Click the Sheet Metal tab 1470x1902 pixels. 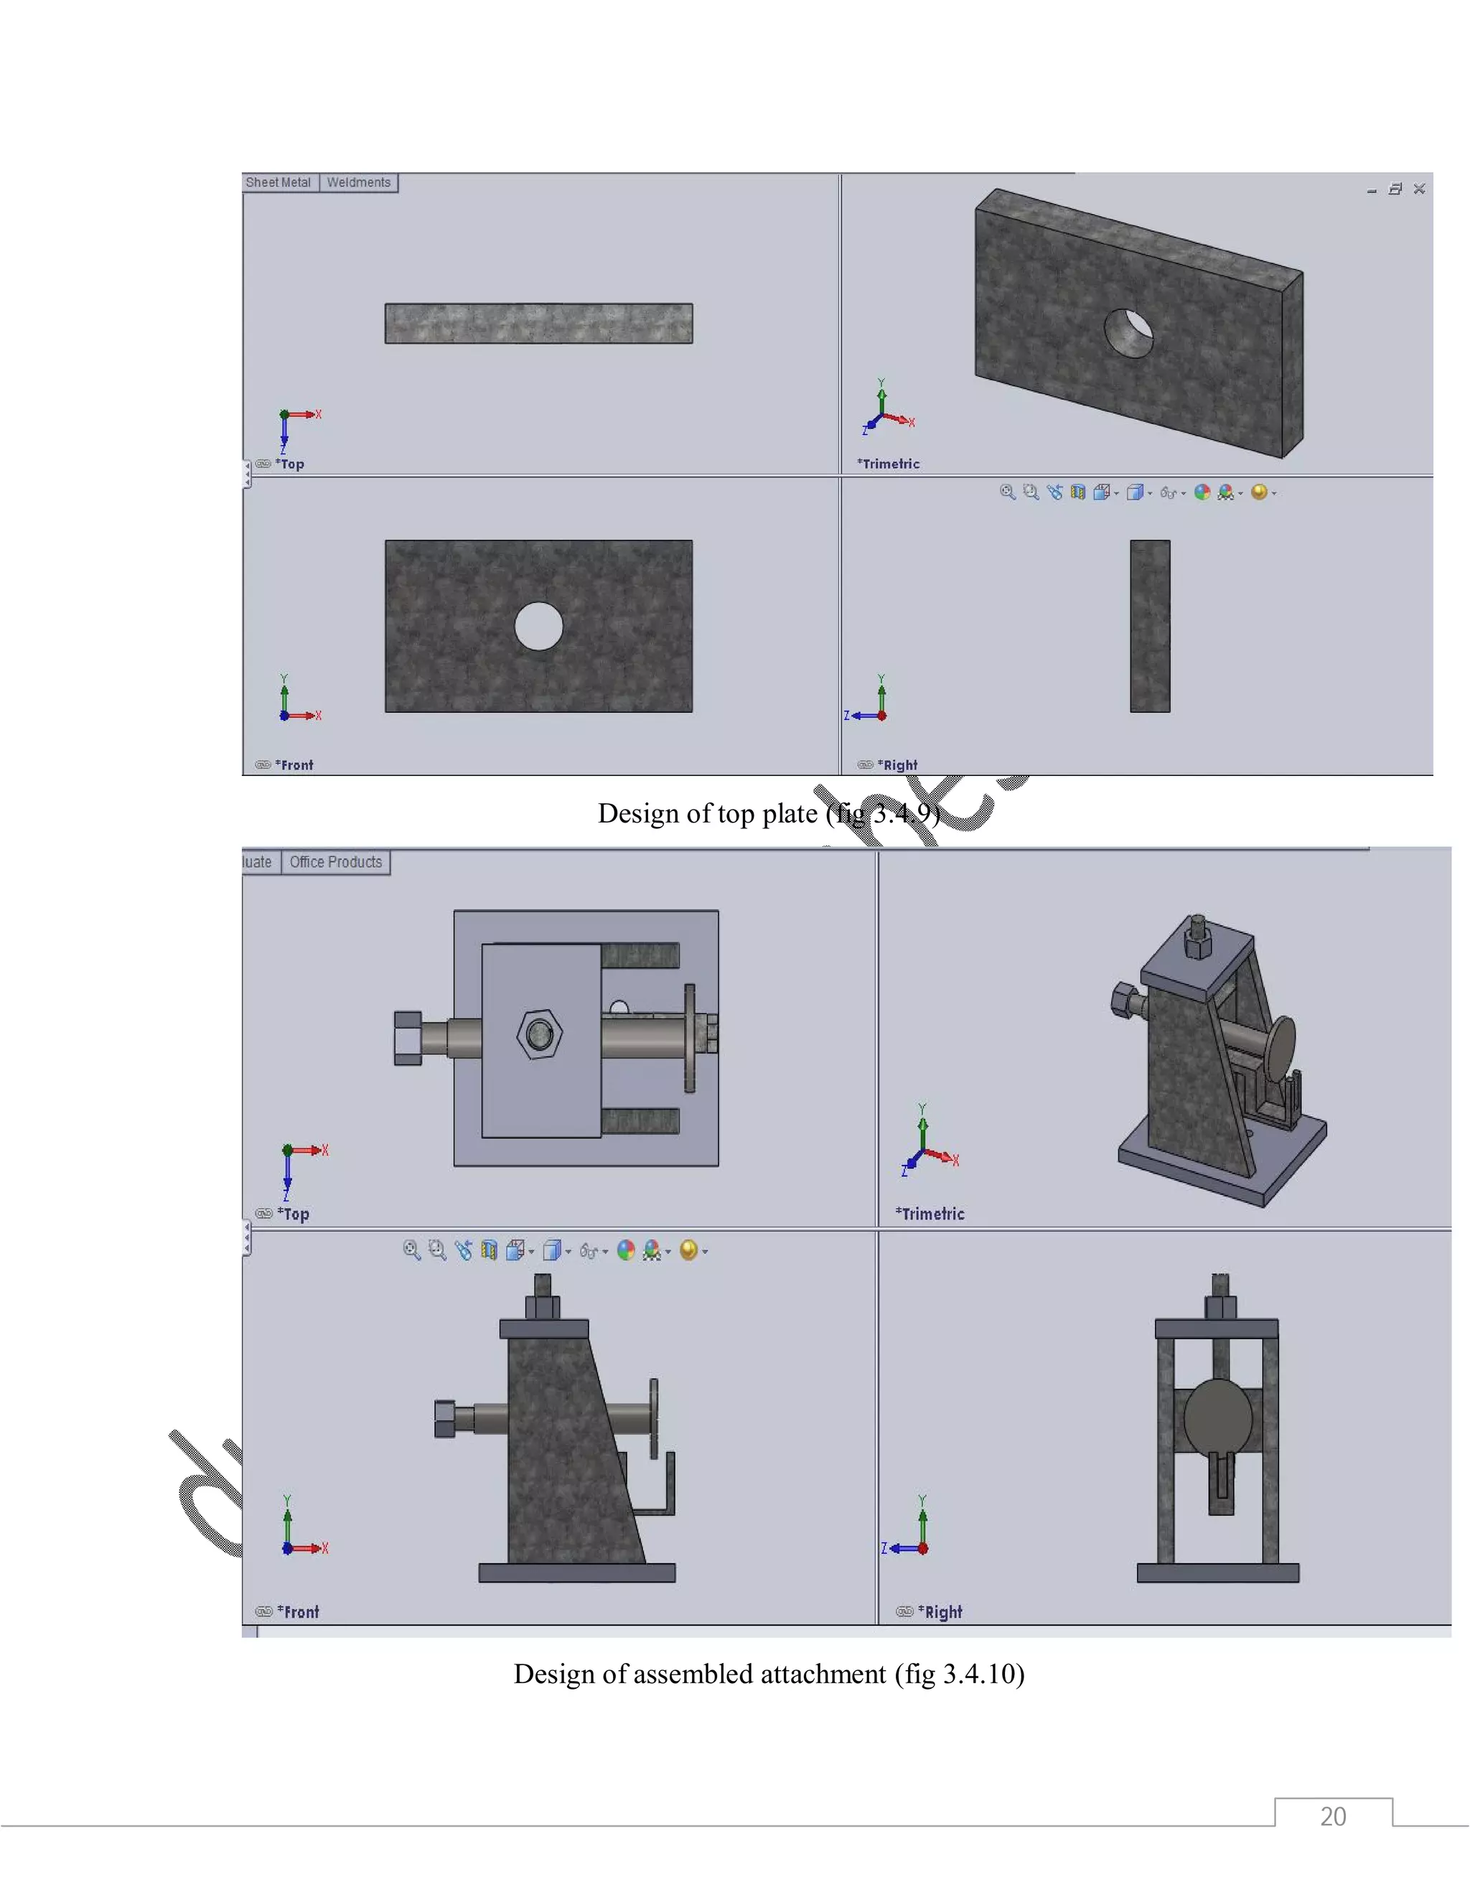point(278,183)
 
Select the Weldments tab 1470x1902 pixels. point(358,183)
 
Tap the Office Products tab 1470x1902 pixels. point(335,862)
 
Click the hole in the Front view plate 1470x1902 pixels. point(538,626)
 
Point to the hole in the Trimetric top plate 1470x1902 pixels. point(1128,333)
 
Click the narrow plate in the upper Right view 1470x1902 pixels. point(1150,626)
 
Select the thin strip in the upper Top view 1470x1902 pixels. point(538,323)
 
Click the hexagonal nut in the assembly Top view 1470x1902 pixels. point(539,1034)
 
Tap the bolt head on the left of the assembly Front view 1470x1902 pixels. point(445,1419)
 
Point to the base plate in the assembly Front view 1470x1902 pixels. point(576,1573)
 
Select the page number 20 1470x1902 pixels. point(1332,1817)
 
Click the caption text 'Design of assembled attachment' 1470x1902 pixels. point(699,1674)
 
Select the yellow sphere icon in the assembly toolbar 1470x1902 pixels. point(688,1250)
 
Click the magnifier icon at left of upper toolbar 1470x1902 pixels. point(1008,492)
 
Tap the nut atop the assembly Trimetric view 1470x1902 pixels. point(1198,939)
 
